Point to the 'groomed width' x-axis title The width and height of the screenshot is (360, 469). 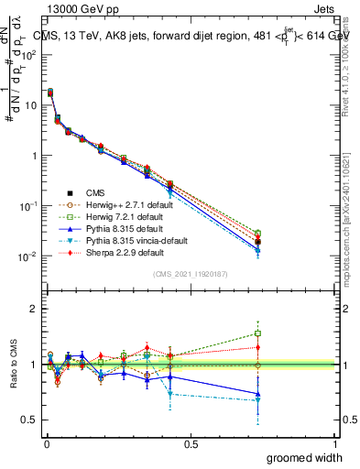(x=305, y=457)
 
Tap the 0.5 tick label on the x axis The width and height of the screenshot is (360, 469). (x=191, y=442)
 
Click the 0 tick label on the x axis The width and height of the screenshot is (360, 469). (x=46, y=442)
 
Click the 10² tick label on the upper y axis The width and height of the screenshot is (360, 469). (x=27, y=54)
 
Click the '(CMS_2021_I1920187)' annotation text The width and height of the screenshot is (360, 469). (x=190, y=274)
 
